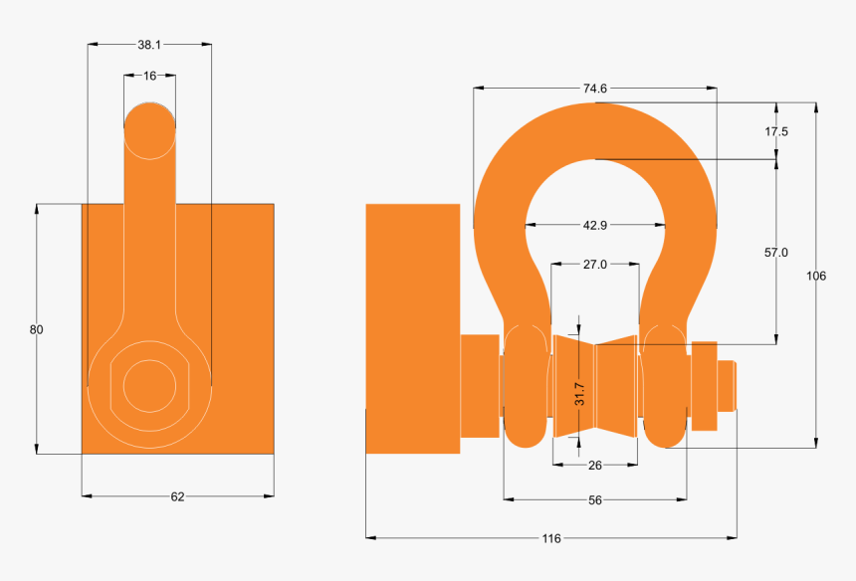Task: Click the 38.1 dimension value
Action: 149,45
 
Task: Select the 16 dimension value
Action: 149,76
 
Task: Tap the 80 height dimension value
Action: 37,329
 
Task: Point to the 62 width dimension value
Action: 177,496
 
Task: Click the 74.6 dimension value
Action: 594,89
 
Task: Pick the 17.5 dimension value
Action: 776,131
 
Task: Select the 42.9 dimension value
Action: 594,226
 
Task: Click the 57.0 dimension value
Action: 776,253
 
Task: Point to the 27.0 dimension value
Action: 594,265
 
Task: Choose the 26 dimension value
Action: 594,465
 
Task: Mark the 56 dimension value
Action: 594,500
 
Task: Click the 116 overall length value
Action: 551,538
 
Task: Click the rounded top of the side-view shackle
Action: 150,127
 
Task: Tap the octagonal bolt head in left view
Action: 148,383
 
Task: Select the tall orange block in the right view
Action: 412,328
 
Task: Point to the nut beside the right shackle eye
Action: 704,385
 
